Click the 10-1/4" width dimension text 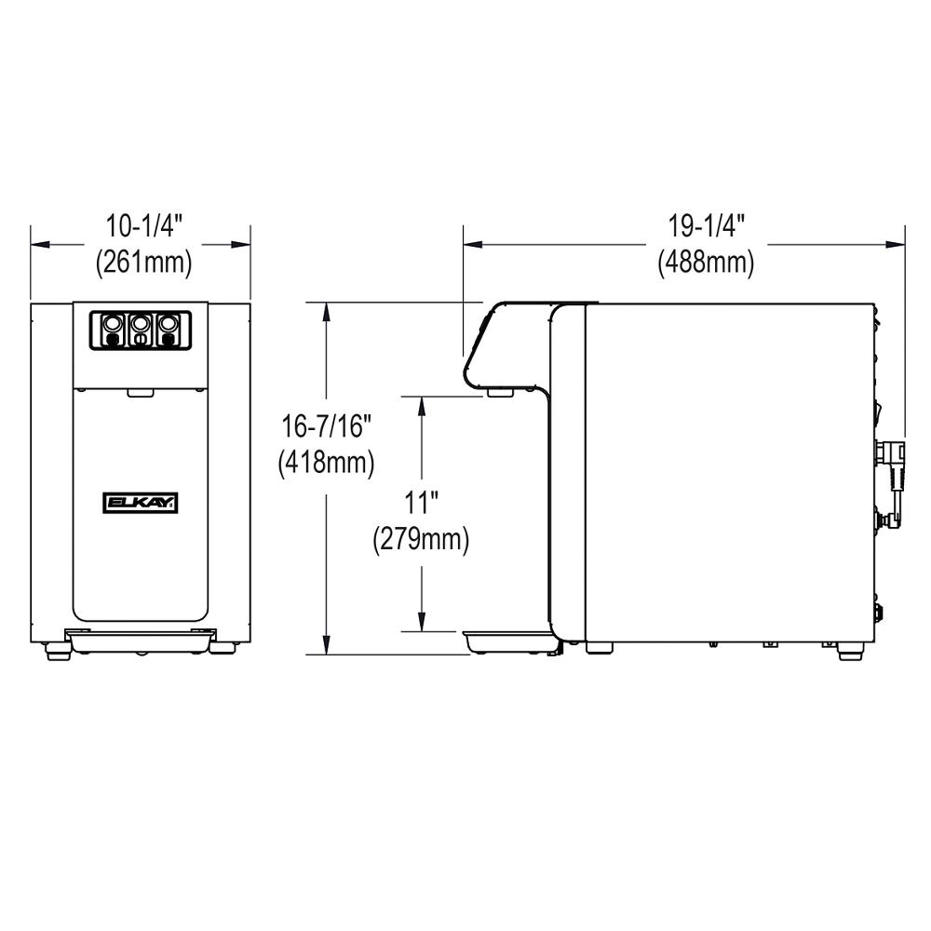coord(143,226)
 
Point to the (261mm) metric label coord(143,263)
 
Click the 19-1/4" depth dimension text coord(705,226)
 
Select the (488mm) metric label coord(705,263)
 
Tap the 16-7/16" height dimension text coord(327,425)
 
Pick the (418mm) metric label coord(327,462)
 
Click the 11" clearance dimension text coord(421,504)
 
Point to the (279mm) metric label coord(421,539)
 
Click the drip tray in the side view coord(507,640)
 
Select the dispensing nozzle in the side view coord(499,395)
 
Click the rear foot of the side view coord(849,654)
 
